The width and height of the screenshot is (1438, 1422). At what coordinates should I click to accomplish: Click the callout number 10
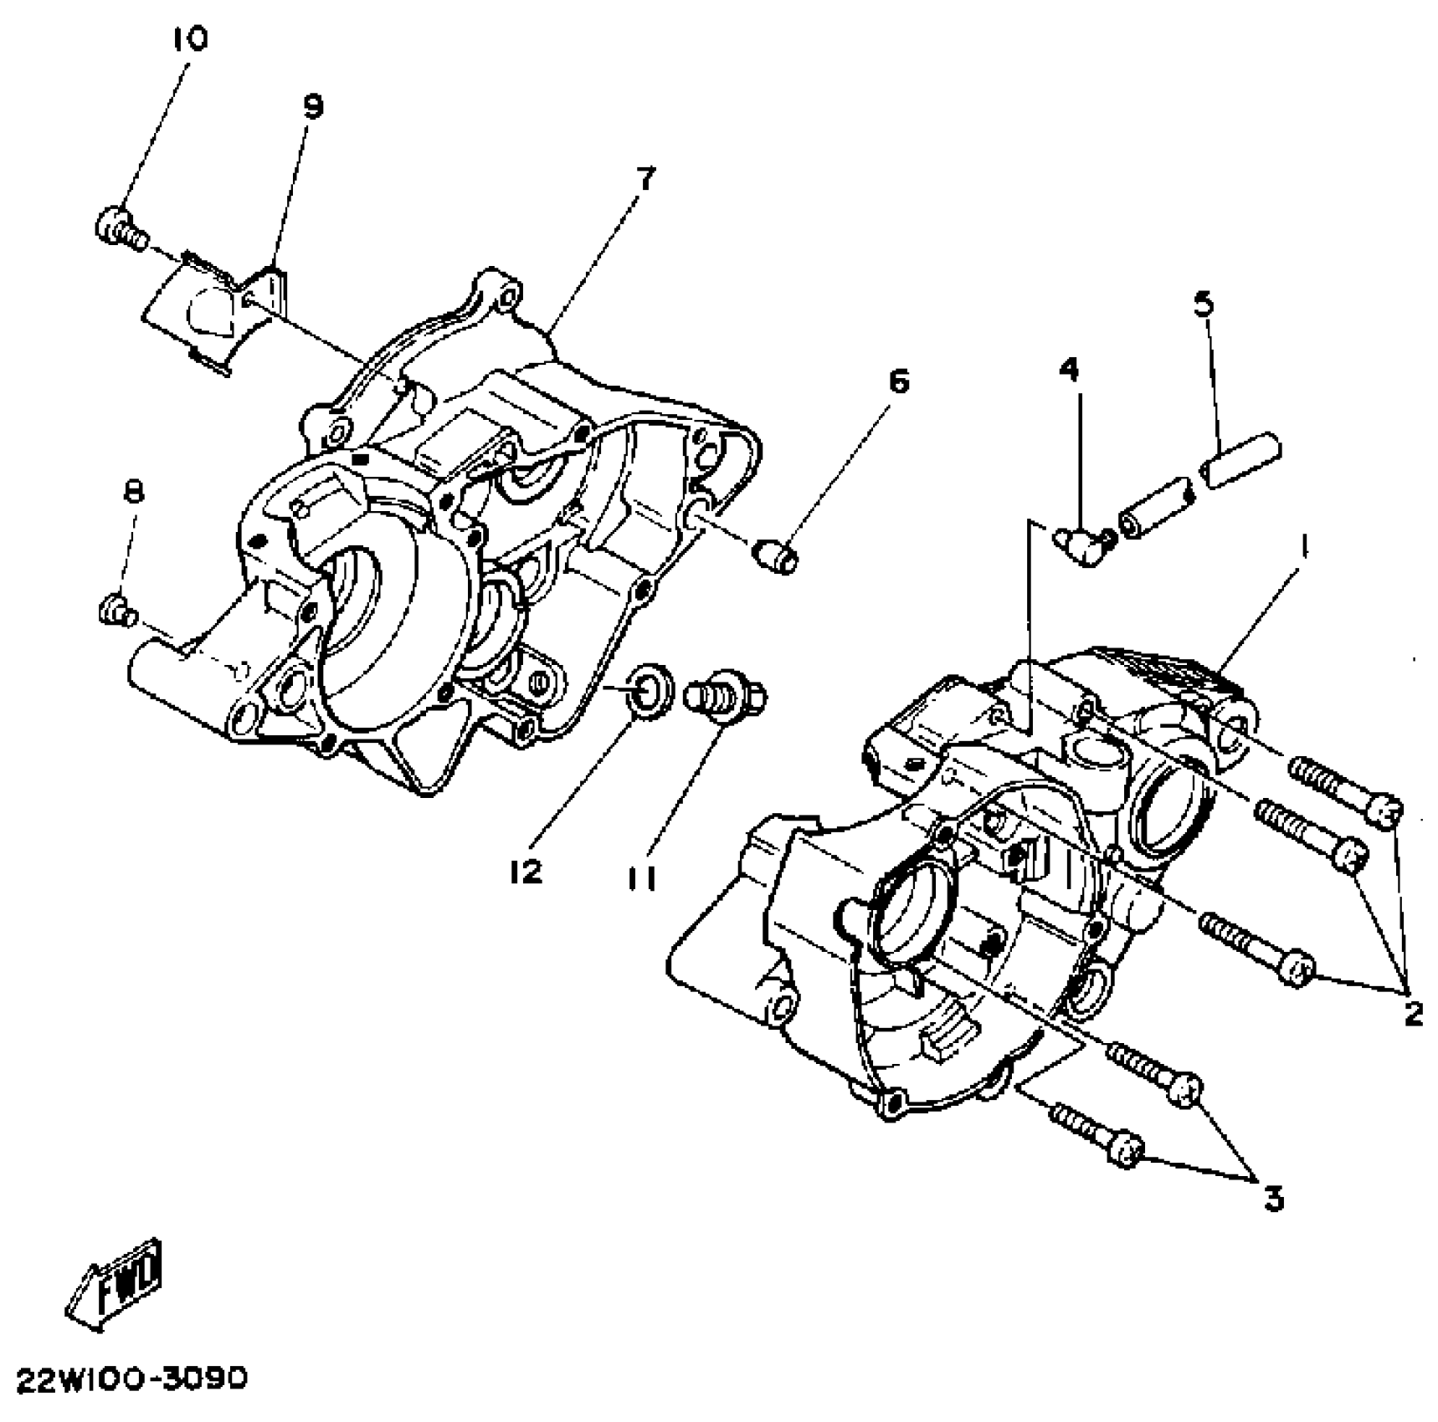click(x=190, y=38)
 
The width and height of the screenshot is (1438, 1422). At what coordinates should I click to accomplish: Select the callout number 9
click(x=311, y=107)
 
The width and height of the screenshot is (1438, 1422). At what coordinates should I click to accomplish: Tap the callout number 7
click(x=645, y=178)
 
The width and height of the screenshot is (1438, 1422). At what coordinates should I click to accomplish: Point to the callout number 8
click(x=133, y=491)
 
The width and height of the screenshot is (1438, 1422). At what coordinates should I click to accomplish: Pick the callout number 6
click(x=897, y=381)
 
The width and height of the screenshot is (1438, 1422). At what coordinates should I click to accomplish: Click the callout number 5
click(x=1202, y=304)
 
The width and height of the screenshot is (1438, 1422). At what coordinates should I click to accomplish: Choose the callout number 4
click(x=1069, y=369)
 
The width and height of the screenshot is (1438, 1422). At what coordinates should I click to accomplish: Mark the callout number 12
click(x=525, y=872)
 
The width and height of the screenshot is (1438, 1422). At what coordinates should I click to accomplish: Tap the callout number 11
click(x=642, y=877)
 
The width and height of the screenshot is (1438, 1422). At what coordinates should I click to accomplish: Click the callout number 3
click(x=1272, y=1199)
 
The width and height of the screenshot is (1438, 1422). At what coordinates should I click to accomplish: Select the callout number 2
click(x=1413, y=1014)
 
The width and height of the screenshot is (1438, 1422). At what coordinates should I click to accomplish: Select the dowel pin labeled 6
click(x=776, y=556)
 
